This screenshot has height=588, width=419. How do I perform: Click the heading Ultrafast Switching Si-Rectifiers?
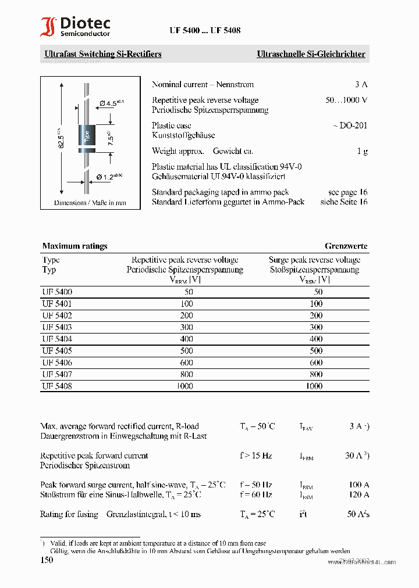pyautogui.click(x=103, y=54)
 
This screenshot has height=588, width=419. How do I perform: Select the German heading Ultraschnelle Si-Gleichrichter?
pyautogui.click(x=311, y=54)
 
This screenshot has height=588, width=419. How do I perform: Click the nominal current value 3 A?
pyautogui.click(x=361, y=84)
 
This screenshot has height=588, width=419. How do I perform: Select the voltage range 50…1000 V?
pyautogui.click(x=346, y=100)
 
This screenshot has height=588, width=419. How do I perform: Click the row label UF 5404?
pyautogui.click(x=57, y=339)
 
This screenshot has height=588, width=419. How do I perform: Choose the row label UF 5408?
pyautogui.click(x=57, y=386)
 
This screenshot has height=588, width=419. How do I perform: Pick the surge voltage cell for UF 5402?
pyautogui.click(x=315, y=315)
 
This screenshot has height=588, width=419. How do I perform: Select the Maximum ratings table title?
pyautogui.click(x=74, y=246)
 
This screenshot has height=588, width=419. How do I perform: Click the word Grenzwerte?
pyautogui.click(x=346, y=246)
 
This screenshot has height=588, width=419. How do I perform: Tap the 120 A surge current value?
pyautogui.click(x=358, y=494)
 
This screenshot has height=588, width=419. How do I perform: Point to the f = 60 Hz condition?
pyautogui.click(x=255, y=494)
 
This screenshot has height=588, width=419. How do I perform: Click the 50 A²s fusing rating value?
pyautogui.click(x=358, y=514)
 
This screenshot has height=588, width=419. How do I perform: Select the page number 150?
pyautogui.click(x=47, y=560)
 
